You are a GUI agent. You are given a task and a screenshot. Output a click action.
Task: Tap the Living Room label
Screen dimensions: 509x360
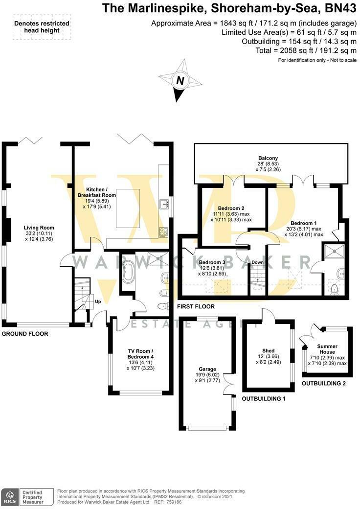[x=39, y=228]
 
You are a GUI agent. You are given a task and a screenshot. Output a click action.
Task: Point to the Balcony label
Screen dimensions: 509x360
[x=268, y=158]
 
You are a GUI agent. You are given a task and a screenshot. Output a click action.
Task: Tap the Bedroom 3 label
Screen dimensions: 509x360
[x=212, y=262]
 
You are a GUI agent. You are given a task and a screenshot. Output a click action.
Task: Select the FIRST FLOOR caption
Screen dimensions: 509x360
[x=196, y=306]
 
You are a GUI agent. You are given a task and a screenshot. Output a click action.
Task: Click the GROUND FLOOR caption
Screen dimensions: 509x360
[x=24, y=334]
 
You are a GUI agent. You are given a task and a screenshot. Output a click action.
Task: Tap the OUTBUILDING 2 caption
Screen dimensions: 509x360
[x=323, y=383]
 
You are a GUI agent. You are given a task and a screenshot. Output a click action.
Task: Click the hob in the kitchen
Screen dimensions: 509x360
[x=163, y=232]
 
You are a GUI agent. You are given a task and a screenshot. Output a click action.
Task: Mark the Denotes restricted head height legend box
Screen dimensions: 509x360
[x=42, y=26]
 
